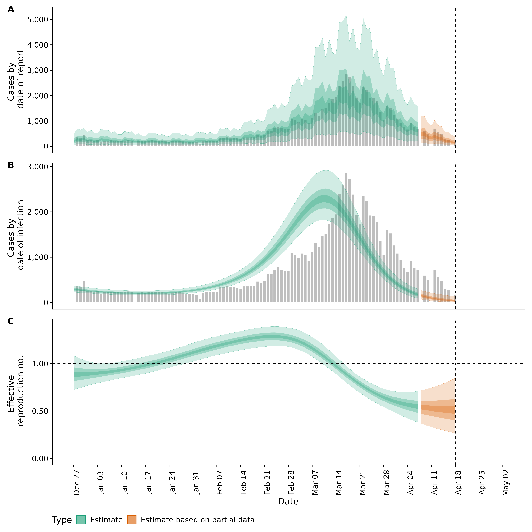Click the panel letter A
tap(11, 9)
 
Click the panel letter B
tap(11, 165)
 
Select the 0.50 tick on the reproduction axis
tap(40, 411)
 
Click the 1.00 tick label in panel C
tap(40, 364)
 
